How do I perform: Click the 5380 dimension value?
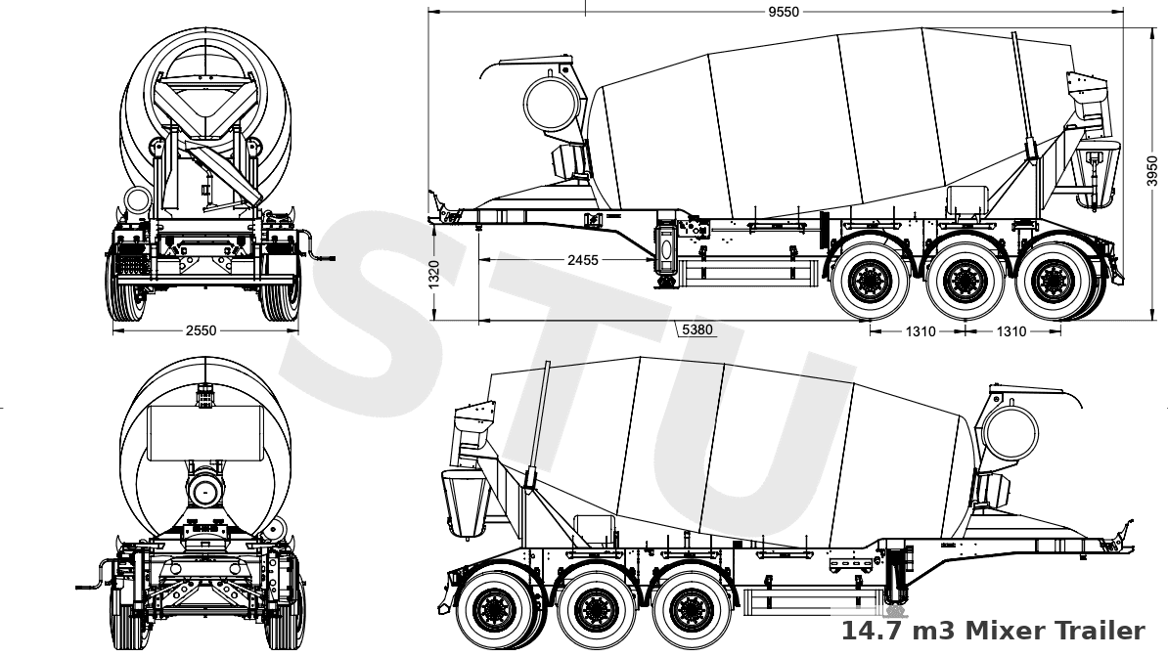696,330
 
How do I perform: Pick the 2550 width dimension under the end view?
201,331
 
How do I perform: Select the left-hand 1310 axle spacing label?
919,331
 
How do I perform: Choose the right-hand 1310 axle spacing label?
1011,331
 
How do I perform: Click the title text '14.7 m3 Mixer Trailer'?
992,631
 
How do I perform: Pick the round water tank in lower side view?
1010,432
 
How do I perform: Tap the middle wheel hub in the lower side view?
592,611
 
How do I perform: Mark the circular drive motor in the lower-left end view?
204,489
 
